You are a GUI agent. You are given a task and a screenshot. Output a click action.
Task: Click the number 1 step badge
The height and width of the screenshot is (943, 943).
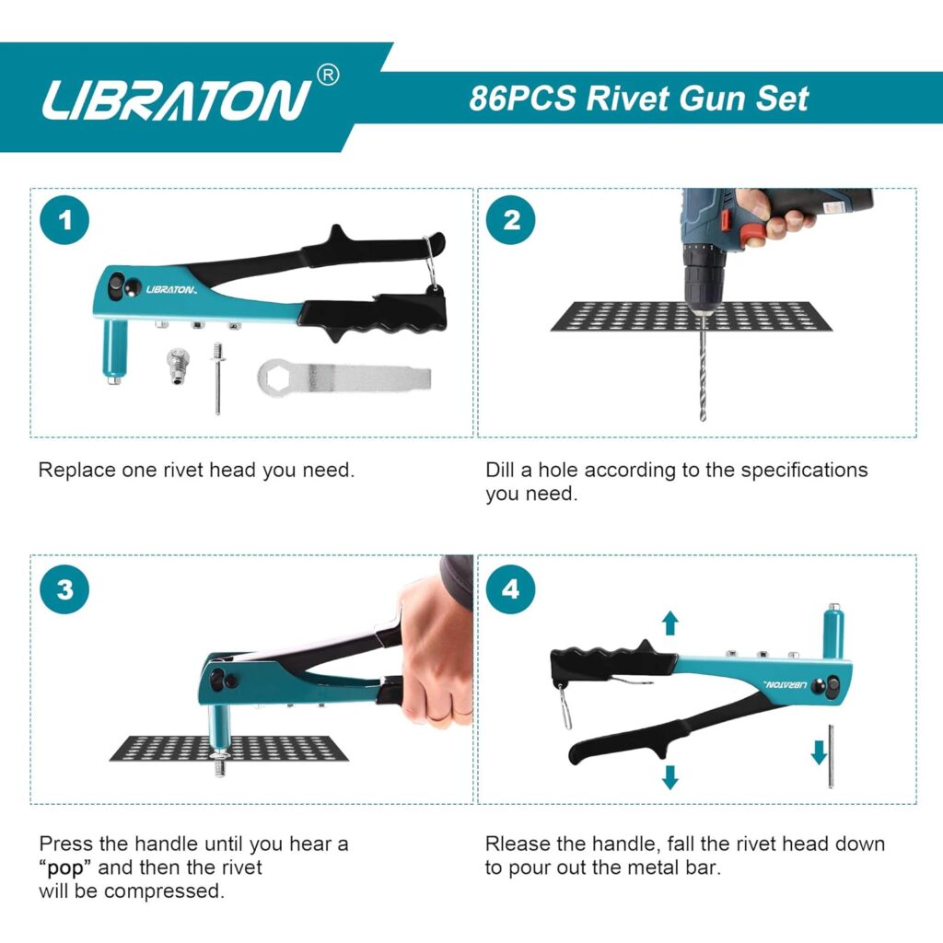(64, 220)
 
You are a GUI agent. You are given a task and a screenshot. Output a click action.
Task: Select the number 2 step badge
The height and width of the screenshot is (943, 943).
(511, 220)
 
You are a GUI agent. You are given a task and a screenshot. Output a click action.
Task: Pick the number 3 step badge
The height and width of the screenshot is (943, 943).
(64, 588)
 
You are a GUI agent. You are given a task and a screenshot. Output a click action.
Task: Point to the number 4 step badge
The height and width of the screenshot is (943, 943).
(511, 588)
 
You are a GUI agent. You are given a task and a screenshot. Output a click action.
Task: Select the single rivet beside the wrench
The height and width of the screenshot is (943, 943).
(218, 378)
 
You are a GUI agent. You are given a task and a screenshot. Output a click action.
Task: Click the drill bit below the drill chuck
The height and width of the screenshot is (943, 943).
(703, 368)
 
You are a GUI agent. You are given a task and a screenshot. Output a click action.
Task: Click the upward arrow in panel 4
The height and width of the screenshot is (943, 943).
(670, 623)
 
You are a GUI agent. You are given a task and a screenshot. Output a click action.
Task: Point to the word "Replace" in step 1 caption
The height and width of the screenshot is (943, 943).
(76, 470)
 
